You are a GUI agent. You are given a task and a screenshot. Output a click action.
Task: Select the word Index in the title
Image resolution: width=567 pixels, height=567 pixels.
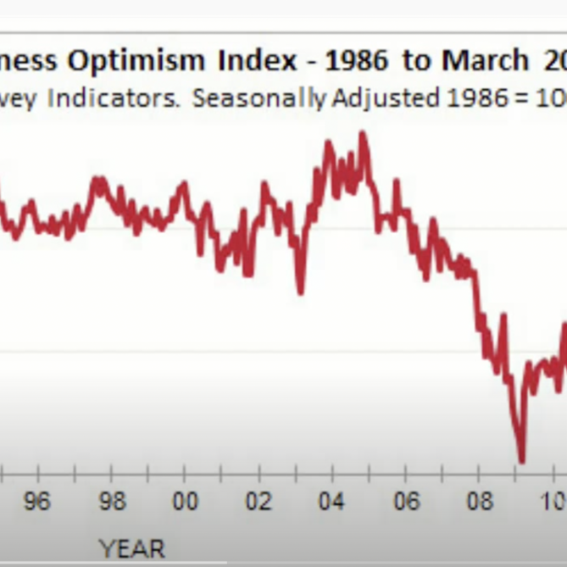click(251, 60)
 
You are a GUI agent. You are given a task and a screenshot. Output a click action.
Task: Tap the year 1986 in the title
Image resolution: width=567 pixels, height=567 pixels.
click(350, 60)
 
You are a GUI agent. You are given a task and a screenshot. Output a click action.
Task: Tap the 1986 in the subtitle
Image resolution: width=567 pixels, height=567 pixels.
click(468, 97)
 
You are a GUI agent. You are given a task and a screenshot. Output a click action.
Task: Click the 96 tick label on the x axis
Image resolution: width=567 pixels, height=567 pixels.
click(36, 502)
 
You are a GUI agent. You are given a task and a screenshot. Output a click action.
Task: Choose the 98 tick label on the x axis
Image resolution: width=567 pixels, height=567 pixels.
click(110, 502)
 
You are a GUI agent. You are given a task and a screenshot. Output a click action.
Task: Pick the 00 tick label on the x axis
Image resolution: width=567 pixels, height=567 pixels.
click(185, 502)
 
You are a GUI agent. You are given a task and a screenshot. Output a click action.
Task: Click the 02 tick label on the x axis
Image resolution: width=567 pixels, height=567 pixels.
click(258, 502)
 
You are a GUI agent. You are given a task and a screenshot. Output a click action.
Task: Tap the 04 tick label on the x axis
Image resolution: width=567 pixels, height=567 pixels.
click(331, 502)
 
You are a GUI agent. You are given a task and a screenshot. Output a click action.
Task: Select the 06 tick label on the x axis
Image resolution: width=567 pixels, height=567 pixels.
click(406, 502)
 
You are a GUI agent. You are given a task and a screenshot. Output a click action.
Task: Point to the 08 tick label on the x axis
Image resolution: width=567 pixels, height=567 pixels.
click(480, 502)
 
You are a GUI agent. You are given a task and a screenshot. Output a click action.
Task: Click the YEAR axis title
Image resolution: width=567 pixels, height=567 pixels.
click(131, 548)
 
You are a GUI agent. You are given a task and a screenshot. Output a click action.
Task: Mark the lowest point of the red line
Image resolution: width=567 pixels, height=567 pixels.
click(521, 460)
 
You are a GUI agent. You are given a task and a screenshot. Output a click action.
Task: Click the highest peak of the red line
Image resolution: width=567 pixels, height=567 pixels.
click(364, 133)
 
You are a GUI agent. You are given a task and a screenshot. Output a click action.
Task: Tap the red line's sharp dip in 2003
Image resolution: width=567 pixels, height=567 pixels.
click(300, 292)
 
